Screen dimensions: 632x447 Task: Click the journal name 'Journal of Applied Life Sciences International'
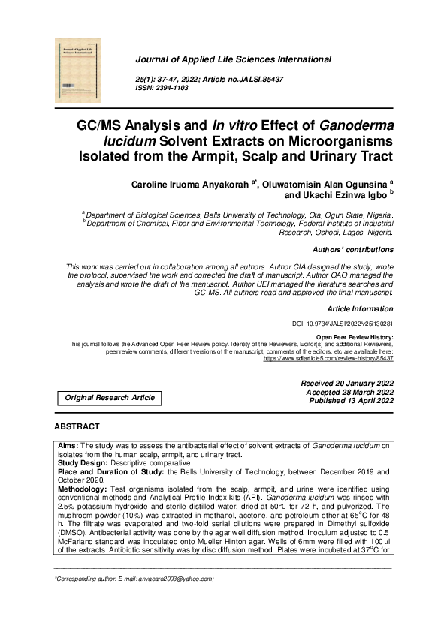point(233,59)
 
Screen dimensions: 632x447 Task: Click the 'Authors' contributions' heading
point(352,250)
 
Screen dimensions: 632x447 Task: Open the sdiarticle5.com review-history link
point(328,359)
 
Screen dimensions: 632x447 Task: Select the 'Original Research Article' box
point(110,398)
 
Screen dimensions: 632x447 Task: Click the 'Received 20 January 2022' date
point(347,384)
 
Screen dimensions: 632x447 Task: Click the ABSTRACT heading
point(77,426)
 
